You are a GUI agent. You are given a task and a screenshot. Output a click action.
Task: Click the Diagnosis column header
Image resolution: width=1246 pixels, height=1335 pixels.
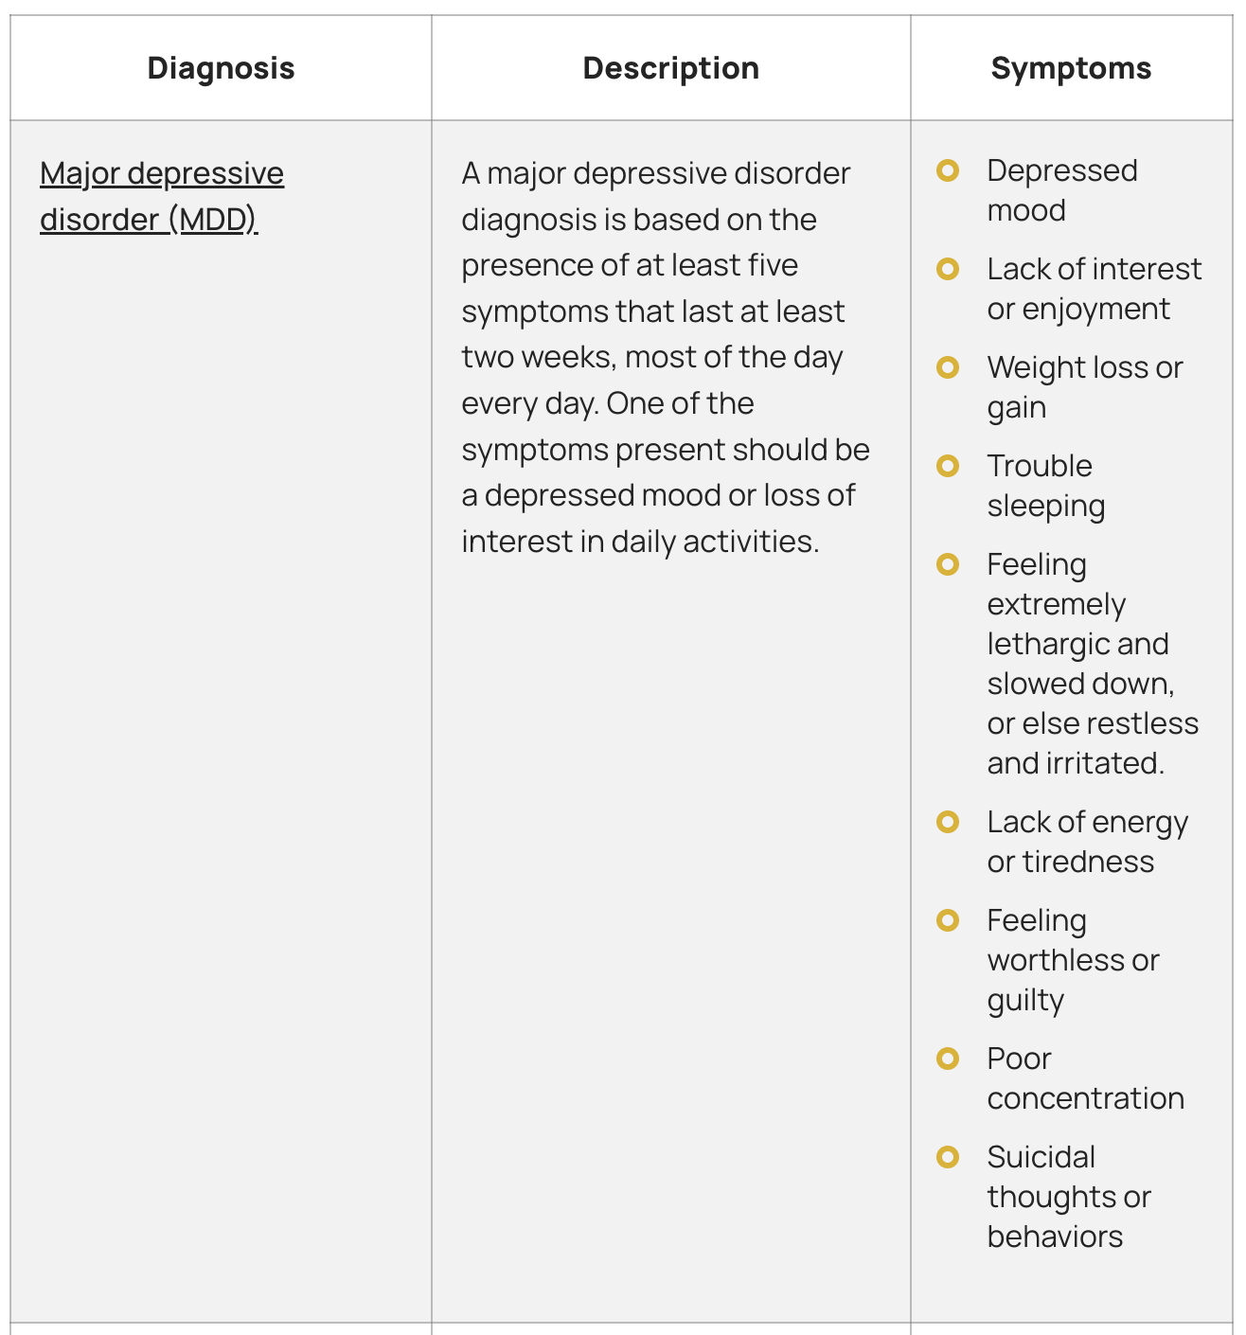click(221, 68)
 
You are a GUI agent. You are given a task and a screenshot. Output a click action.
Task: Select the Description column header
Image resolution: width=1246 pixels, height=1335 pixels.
click(670, 68)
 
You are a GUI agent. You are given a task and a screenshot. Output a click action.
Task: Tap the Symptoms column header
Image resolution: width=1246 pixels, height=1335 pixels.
click(1071, 68)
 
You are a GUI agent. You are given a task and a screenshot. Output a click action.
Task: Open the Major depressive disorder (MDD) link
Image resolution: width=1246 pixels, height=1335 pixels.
click(162, 196)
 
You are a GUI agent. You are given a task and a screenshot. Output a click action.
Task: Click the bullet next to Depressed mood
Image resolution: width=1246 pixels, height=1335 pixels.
click(948, 170)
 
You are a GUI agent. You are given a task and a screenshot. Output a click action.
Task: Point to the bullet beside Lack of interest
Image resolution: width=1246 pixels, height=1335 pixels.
click(948, 269)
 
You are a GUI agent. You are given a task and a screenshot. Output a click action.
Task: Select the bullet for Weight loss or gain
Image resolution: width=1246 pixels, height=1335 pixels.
click(948, 367)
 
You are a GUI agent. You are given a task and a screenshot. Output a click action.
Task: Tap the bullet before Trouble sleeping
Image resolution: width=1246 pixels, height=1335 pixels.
click(948, 466)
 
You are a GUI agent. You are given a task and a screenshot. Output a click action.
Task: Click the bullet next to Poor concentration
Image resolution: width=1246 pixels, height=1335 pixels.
click(948, 1059)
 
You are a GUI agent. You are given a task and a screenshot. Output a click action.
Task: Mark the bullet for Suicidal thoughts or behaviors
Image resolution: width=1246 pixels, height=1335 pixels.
click(948, 1157)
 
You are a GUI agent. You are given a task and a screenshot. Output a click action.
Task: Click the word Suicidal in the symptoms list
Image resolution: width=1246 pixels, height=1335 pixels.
click(1041, 1157)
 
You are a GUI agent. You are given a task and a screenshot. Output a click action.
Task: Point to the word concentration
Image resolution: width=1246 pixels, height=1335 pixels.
click(1085, 1098)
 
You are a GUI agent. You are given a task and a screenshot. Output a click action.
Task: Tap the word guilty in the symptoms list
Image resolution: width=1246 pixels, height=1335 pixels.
click(1025, 1001)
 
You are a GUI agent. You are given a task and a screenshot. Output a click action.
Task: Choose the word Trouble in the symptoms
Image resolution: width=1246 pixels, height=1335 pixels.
click(1040, 466)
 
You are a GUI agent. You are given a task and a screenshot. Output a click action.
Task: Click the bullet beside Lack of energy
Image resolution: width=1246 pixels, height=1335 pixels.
click(948, 822)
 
